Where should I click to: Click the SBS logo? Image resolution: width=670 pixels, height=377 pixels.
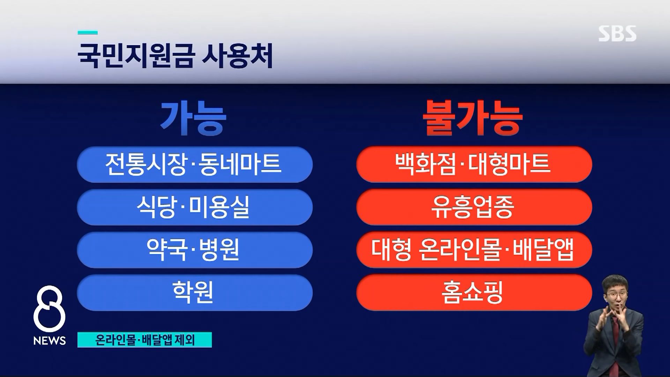(617, 34)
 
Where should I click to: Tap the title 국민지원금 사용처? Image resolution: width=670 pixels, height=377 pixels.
(175, 56)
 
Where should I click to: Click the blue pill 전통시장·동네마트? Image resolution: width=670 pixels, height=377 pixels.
(194, 164)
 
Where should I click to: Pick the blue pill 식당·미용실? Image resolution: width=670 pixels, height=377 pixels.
(194, 207)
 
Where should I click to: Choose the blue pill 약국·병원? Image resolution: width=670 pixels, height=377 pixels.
(194, 250)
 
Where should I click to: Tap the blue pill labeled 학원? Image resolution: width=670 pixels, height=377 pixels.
(194, 292)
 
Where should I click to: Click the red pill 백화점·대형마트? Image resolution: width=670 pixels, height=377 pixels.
(474, 164)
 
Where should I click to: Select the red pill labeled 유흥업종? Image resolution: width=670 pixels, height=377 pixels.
(474, 207)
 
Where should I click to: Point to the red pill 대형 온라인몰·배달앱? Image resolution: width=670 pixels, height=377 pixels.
(474, 250)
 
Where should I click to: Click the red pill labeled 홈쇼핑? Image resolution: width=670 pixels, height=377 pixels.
(474, 292)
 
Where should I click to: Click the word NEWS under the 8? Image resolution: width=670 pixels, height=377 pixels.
(50, 341)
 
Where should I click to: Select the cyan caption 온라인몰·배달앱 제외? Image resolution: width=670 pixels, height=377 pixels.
(144, 340)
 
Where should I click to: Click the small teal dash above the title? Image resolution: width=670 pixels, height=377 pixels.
(88, 33)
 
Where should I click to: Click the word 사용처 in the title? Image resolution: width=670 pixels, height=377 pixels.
(237, 56)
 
